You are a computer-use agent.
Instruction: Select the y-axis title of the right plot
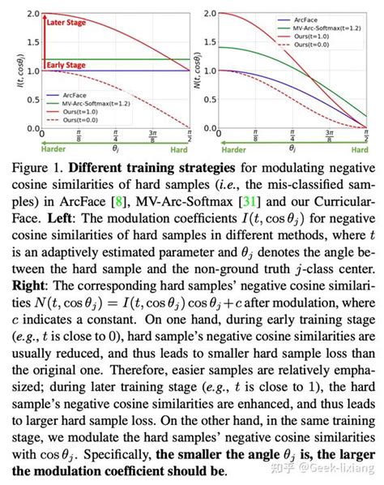[x=195, y=69]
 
